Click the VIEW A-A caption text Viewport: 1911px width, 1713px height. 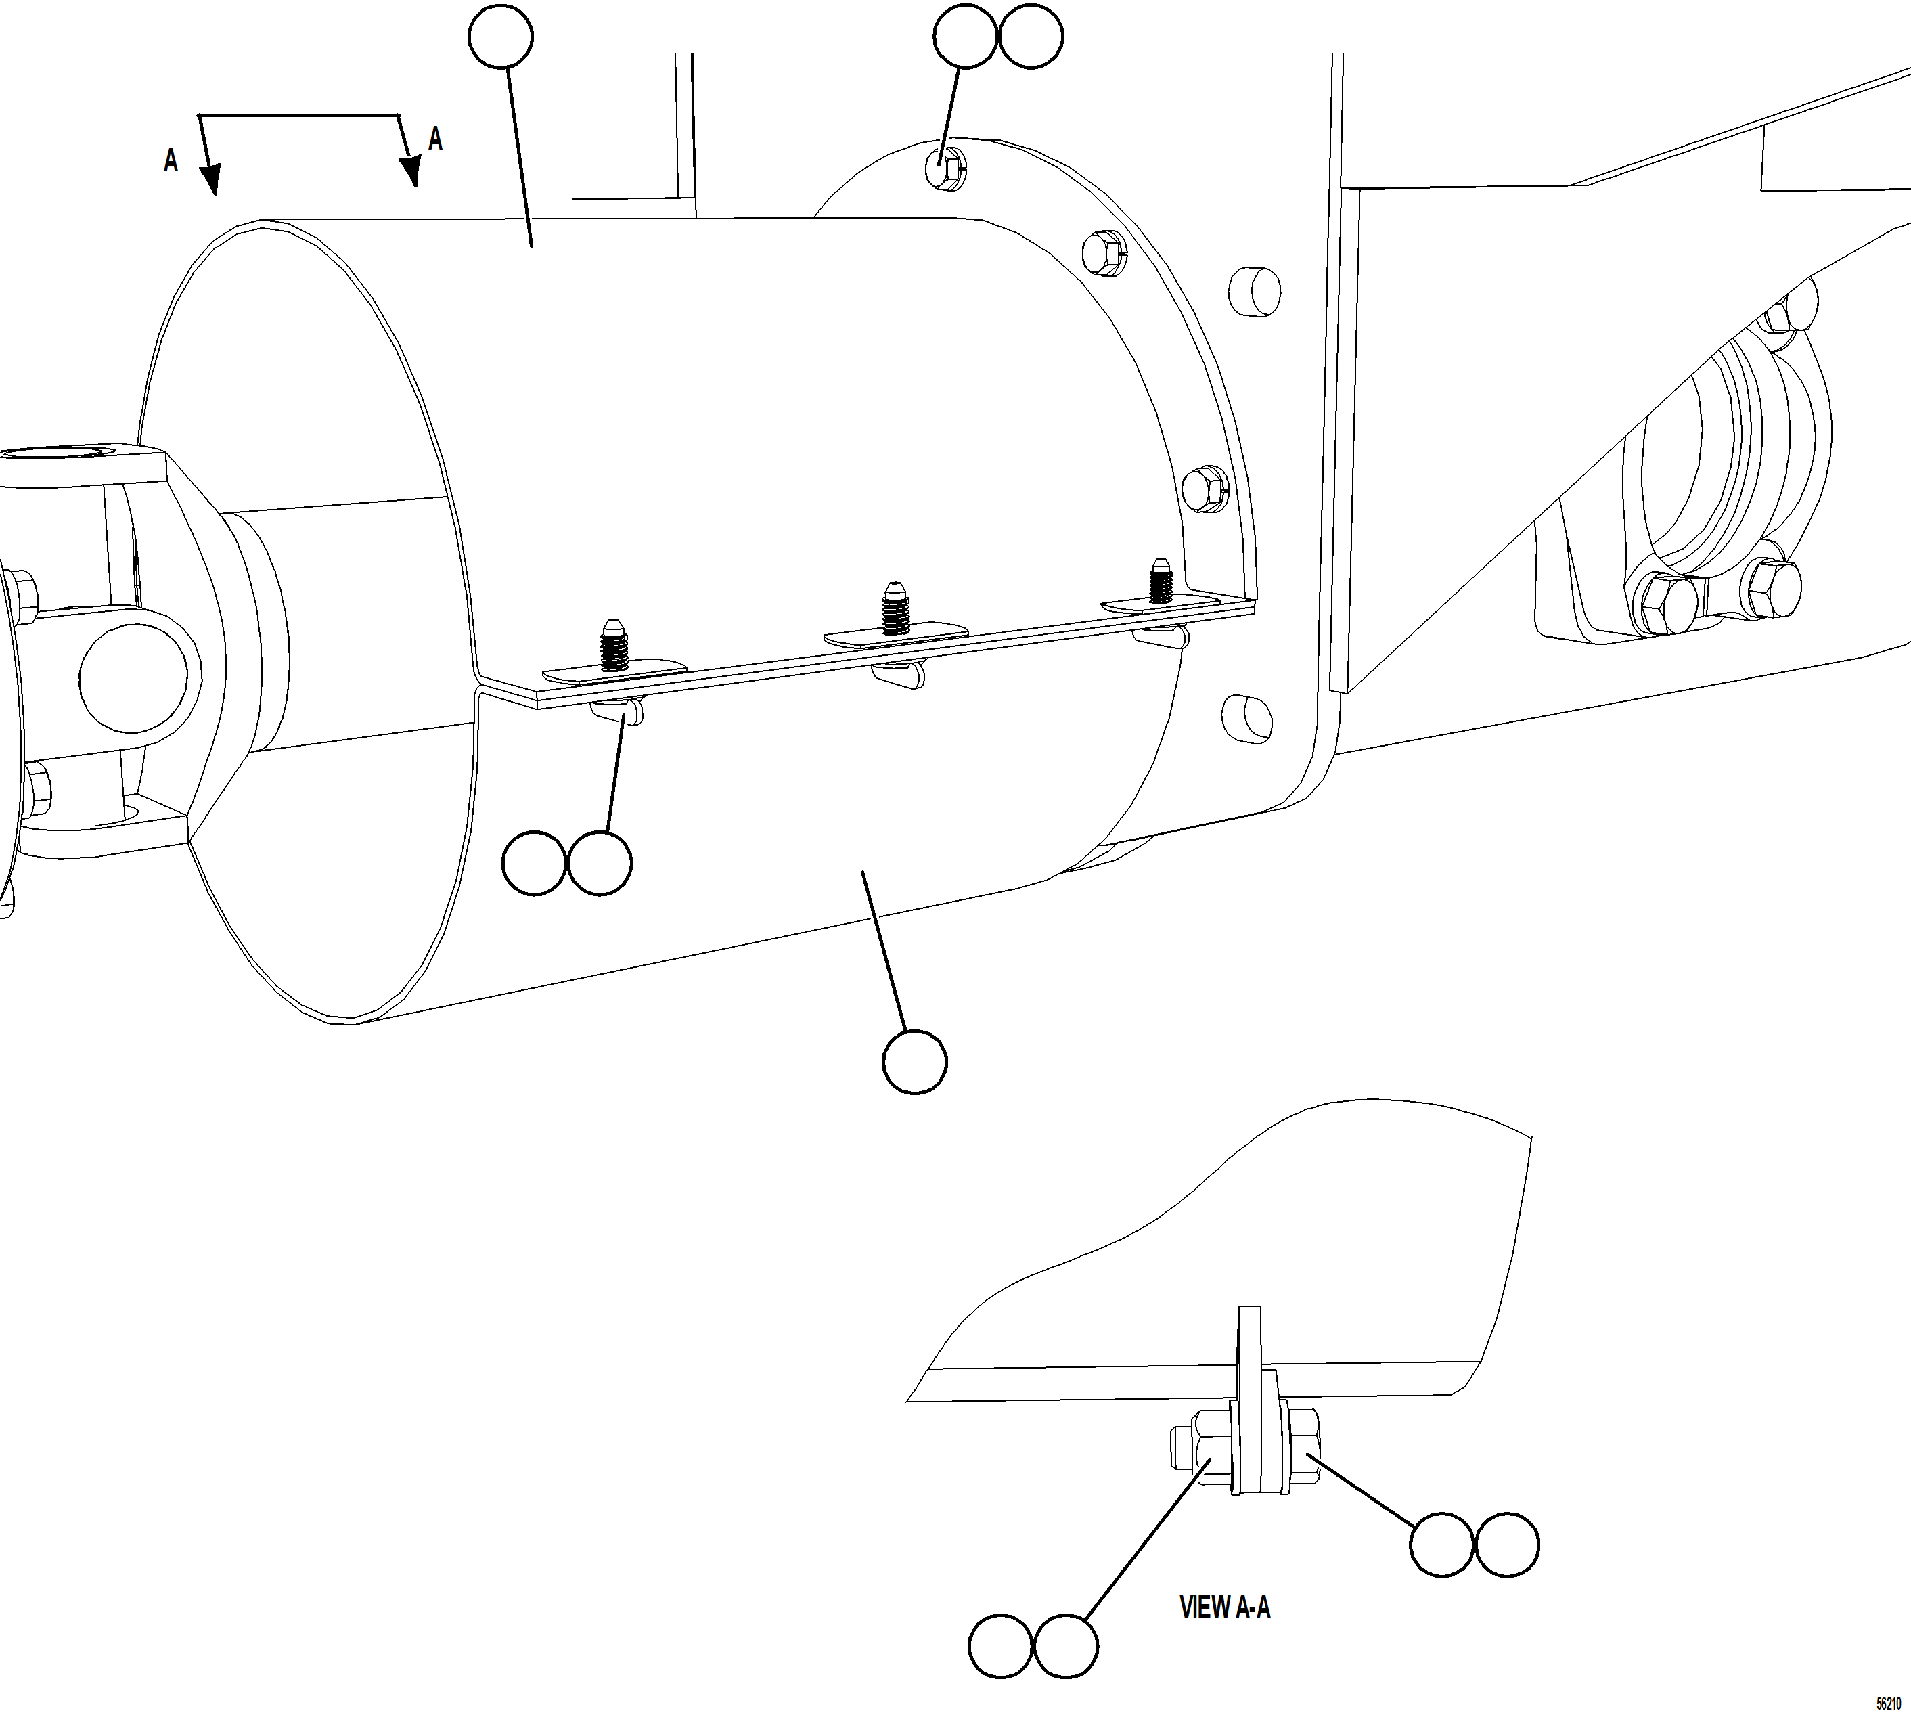point(1224,1607)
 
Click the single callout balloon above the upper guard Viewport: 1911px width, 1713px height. point(501,36)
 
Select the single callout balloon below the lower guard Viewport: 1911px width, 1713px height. point(915,1062)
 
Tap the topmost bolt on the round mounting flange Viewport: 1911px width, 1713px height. point(947,168)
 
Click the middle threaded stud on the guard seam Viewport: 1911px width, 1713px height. point(894,609)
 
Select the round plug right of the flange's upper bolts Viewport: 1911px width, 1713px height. point(1254,292)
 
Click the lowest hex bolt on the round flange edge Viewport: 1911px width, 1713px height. point(1205,489)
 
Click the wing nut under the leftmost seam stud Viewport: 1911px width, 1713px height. point(617,713)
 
